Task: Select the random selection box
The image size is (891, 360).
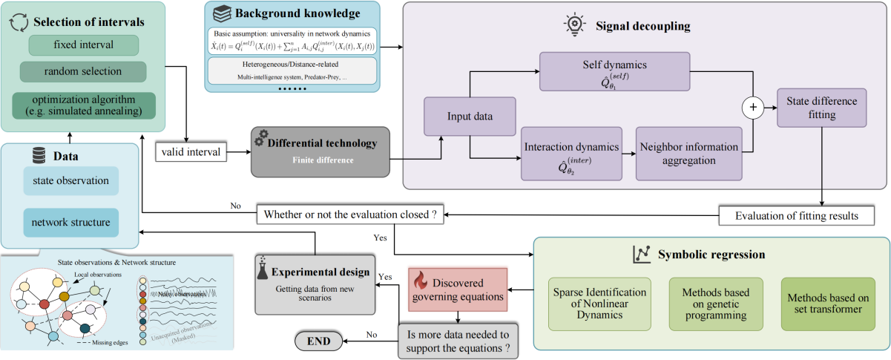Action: coord(82,72)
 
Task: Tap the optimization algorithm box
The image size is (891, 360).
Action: coord(83,105)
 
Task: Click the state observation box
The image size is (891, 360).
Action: coord(70,181)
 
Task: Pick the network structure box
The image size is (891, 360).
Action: coord(70,223)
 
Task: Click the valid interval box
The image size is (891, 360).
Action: coord(189,153)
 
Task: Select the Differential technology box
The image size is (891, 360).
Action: coord(320,151)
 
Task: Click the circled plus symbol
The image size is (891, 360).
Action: coord(754,108)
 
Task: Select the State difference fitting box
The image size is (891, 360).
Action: coord(821,108)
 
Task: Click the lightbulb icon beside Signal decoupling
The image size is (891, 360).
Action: coord(573,24)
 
